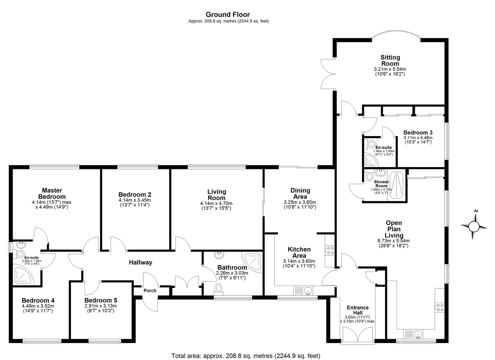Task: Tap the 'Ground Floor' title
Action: pyautogui.click(x=228, y=15)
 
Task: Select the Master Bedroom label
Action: pyautogui.click(x=52, y=193)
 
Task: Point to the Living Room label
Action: pyautogui.click(x=217, y=195)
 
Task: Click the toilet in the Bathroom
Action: pyautogui.click(x=219, y=289)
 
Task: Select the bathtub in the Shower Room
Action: pyautogui.click(x=396, y=185)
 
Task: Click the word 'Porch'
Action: pyautogui.click(x=150, y=290)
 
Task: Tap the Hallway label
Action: pyautogui.click(x=141, y=262)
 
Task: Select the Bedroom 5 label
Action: pyautogui.click(x=101, y=300)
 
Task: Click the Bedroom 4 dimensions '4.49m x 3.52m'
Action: pyautogui.click(x=38, y=306)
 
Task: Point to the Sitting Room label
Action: pyautogui.click(x=390, y=60)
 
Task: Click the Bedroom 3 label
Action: pyautogui.click(x=418, y=133)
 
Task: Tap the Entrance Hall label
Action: pyautogui.click(x=358, y=310)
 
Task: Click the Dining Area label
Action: pyautogui.click(x=300, y=193)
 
